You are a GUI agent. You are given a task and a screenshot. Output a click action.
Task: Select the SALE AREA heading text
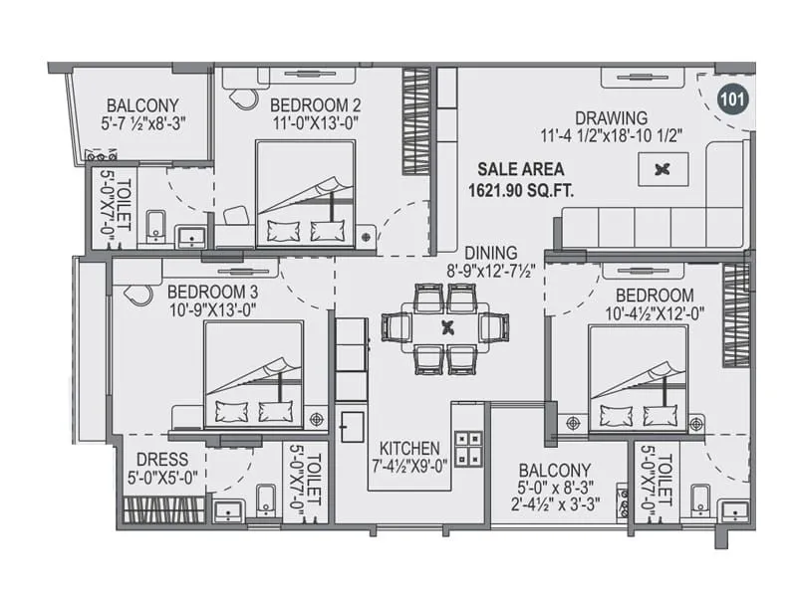click(x=520, y=168)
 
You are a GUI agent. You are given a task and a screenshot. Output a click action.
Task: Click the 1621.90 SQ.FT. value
click(x=520, y=187)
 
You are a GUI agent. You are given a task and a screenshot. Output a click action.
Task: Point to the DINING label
click(x=490, y=253)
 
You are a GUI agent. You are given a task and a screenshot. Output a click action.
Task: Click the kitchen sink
click(x=351, y=425)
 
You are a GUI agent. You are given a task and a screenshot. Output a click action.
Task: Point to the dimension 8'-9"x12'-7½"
click(x=490, y=271)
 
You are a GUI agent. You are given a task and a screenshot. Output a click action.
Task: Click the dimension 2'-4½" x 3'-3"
click(x=554, y=506)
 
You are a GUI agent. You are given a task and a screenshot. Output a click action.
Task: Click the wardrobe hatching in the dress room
click(x=164, y=509)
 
